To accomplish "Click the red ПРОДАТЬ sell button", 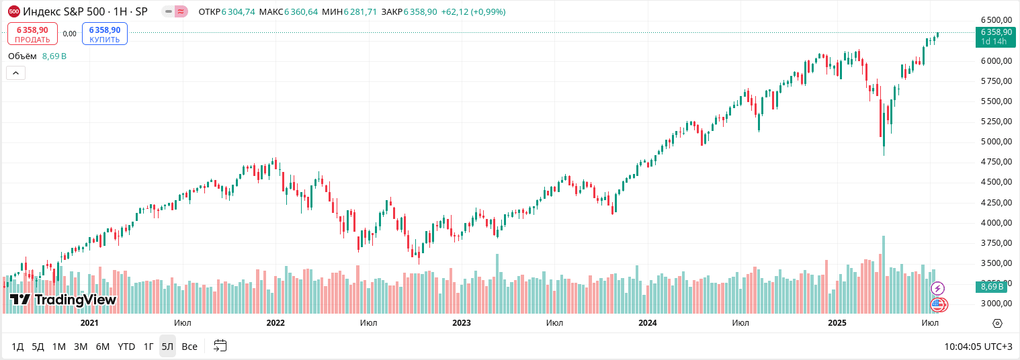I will pos(32,34).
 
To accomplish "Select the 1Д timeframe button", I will pos(17,347).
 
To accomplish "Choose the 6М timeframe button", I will pos(102,347).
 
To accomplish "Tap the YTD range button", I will pos(126,347).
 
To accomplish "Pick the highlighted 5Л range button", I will pos(167,347).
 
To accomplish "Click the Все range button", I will pos(189,347).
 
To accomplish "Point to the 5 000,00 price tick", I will pos(996,142).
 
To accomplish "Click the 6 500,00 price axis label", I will pos(996,20).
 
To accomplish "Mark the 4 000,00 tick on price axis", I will pos(996,223).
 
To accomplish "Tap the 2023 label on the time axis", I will pos(462,323).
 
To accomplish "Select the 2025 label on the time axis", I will pos(837,323).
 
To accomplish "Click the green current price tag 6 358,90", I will pos(996,36).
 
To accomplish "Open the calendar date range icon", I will pos(220,346).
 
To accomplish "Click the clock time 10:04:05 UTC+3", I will pos(978,347).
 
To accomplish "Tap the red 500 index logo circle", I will pos(13,11).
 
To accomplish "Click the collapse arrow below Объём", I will pos(15,73).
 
